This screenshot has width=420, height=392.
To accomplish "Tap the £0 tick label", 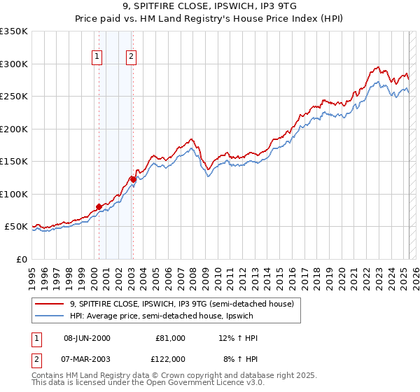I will (22, 259).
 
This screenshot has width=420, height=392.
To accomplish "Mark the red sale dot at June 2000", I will (99, 206).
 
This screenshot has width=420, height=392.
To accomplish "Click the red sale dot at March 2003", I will (132, 180).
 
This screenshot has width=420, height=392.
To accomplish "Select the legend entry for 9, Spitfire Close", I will (185, 304).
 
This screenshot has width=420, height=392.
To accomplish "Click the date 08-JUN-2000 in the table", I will (87, 338).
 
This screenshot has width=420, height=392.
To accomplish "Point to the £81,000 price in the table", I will (170, 338).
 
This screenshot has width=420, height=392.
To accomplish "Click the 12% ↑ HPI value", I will (238, 338).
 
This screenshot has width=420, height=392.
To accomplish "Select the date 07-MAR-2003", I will (87, 358).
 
